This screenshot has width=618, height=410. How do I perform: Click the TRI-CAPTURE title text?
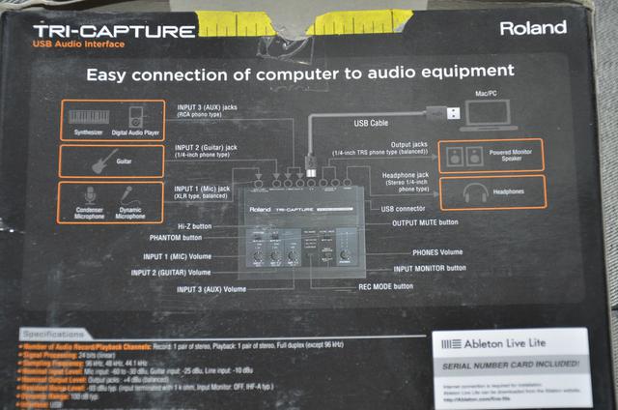114,31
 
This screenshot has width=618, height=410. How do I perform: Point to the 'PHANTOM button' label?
177,237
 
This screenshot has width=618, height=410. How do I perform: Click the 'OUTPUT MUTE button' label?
425,222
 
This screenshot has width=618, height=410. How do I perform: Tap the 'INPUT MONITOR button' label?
429,268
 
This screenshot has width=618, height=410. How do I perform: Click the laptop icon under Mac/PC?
489,113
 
